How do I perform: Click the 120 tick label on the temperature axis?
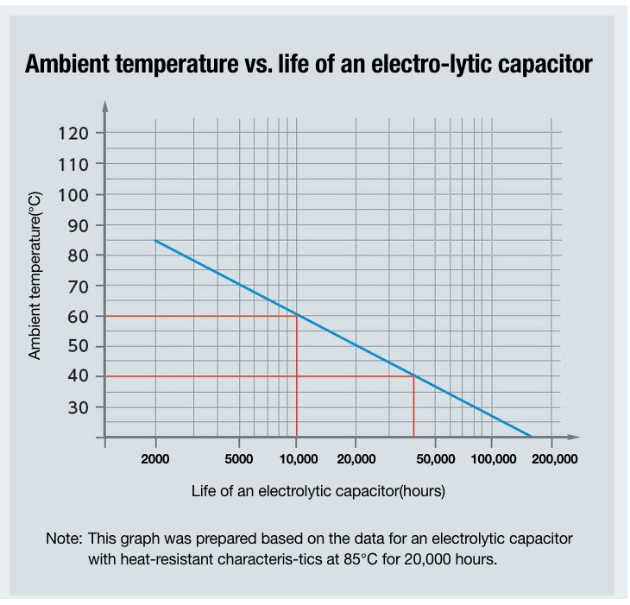pyautogui.click(x=73, y=133)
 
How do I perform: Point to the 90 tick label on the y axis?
pyautogui.click(x=73, y=225)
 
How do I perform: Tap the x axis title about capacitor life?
pyautogui.click(x=318, y=491)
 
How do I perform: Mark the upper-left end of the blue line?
pyautogui.click(x=155, y=240)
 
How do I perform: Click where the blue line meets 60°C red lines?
pyautogui.click(x=297, y=315)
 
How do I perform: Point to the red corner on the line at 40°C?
pyautogui.click(x=414, y=375)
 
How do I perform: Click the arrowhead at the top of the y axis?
pyautogui.click(x=105, y=106)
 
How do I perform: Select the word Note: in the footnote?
pyautogui.click(x=64, y=539)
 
